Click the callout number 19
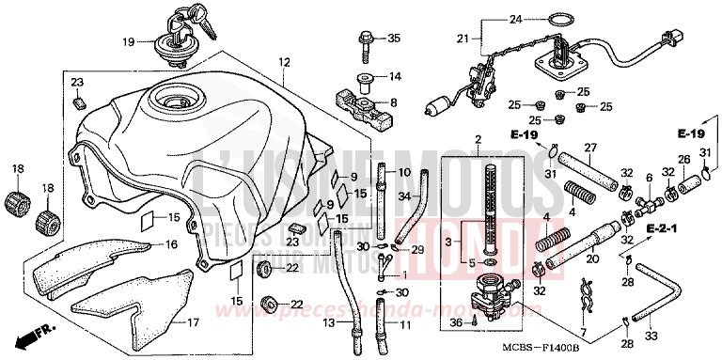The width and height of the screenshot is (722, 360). pos(130,41)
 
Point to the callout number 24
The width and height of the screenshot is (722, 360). pos(514,19)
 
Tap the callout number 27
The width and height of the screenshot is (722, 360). pos(590,148)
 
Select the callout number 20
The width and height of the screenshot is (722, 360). pos(591,258)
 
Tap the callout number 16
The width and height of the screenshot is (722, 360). pos(171,244)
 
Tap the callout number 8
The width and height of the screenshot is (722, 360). pos(393,102)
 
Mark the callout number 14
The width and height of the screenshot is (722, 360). pos(395,76)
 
